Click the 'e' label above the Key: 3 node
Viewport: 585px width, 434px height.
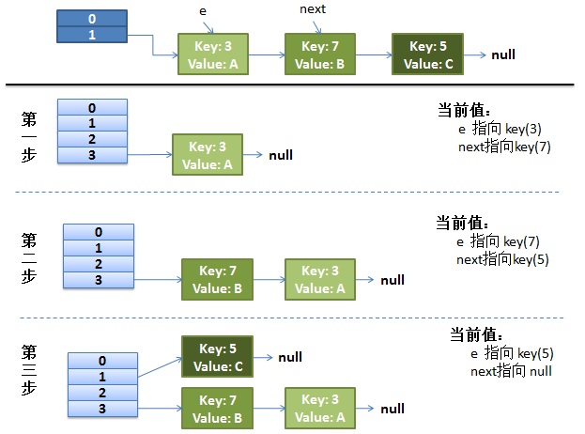pyautogui.click(x=203, y=10)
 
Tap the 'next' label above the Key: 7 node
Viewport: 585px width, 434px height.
pyautogui.click(x=313, y=9)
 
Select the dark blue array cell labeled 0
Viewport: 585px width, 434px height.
pyautogui.click(x=92, y=18)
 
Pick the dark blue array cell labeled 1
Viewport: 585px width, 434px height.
pyautogui.click(x=92, y=35)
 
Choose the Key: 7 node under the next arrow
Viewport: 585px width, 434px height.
pyautogui.click(x=320, y=54)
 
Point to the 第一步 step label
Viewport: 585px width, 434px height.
pyautogui.click(x=29, y=138)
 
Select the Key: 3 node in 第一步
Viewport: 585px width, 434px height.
pyautogui.click(x=207, y=155)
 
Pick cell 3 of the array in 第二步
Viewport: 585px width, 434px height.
pyautogui.click(x=99, y=280)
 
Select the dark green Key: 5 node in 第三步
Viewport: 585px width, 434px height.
pyautogui.click(x=217, y=357)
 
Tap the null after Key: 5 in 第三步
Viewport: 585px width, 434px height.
pyautogui.click(x=289, y=358)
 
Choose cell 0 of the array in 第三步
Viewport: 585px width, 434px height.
pyautogui.click(x=102, y=360)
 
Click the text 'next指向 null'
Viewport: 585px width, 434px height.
pyautogui.click(x=511, y=372)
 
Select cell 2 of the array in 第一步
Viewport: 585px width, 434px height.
pyautogui.click(x=93, y=139)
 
